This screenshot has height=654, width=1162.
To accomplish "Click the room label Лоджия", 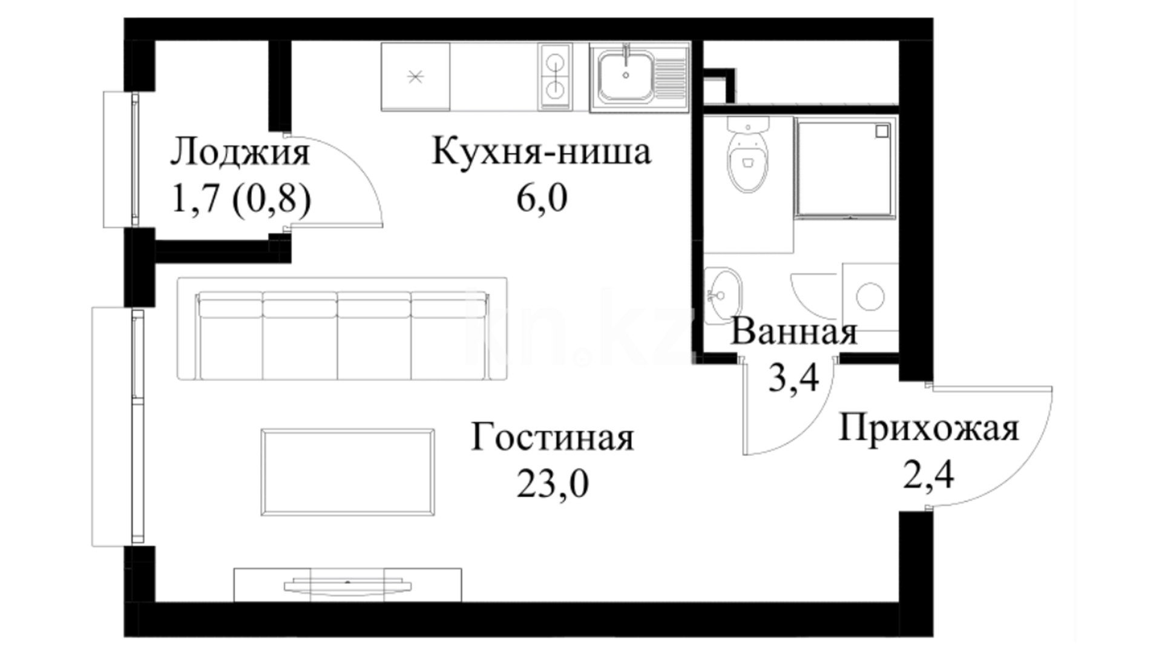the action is [x=240, y=152].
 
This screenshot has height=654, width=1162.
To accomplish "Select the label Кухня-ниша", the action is [x=541, y=151].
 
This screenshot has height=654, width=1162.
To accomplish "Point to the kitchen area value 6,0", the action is [x=542, y=198].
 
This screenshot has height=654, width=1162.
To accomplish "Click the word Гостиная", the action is [x=553, y=437].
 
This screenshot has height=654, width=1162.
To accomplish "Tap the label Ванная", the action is [x=793, y=332].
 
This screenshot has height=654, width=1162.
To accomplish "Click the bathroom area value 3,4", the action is [x=793, y=378].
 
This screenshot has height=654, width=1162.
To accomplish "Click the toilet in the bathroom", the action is [x=749, y=155].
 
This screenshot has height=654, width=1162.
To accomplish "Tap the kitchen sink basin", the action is [x=626, y=76].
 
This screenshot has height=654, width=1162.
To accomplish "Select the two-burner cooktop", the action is [x=555, y=76].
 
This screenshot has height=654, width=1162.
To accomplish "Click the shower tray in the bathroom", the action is [x=845, y=168].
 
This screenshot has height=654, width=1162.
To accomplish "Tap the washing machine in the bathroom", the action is [x=870, y=297].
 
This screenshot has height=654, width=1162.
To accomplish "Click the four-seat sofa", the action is [x=343, y=329].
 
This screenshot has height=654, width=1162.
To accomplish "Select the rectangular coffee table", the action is [x=347, y=472].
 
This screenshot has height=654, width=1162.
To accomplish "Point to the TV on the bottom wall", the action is [x=347, y=586].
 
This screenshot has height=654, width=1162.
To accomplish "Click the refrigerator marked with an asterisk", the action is [x=416, y=77].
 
